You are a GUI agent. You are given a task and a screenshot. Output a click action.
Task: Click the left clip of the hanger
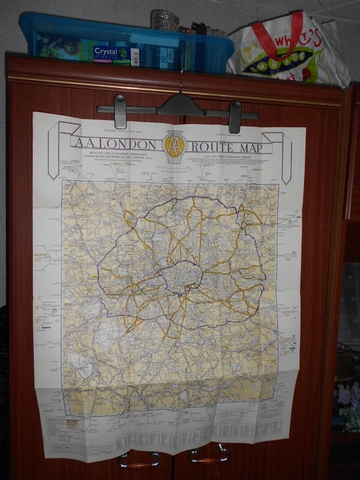[120, 111]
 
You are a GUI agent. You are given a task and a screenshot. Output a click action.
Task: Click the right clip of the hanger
[235, 117]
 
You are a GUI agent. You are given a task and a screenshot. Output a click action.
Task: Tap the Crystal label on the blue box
[111, 52]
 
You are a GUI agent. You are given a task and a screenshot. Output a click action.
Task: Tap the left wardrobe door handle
[140, 459]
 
